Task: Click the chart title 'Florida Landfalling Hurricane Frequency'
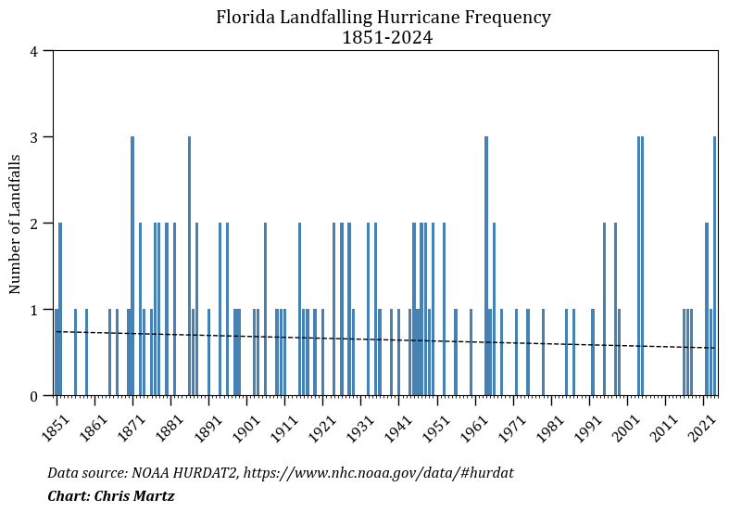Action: (x=383, y=18)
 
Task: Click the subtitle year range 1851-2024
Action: (x=386, y=38)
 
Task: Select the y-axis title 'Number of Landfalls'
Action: (x=15, y=224)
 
